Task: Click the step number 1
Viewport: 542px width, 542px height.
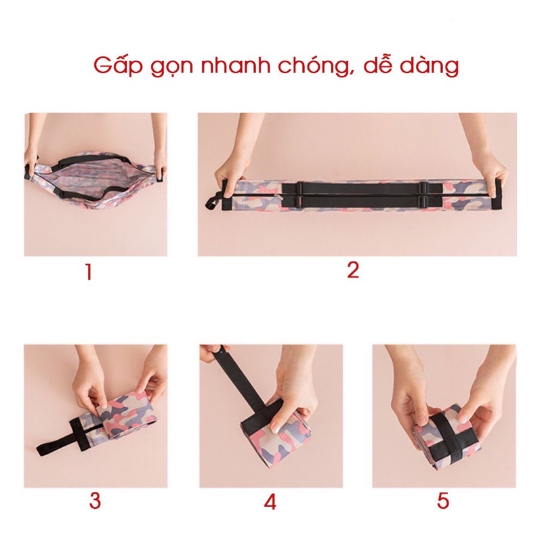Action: point(89,272)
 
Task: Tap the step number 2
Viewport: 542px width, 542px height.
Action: point(353,270)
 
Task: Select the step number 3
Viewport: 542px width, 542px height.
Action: point(95,501)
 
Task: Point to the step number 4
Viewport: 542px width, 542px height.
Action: point(270,501)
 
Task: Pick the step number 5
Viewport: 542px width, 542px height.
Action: point(443,501)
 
